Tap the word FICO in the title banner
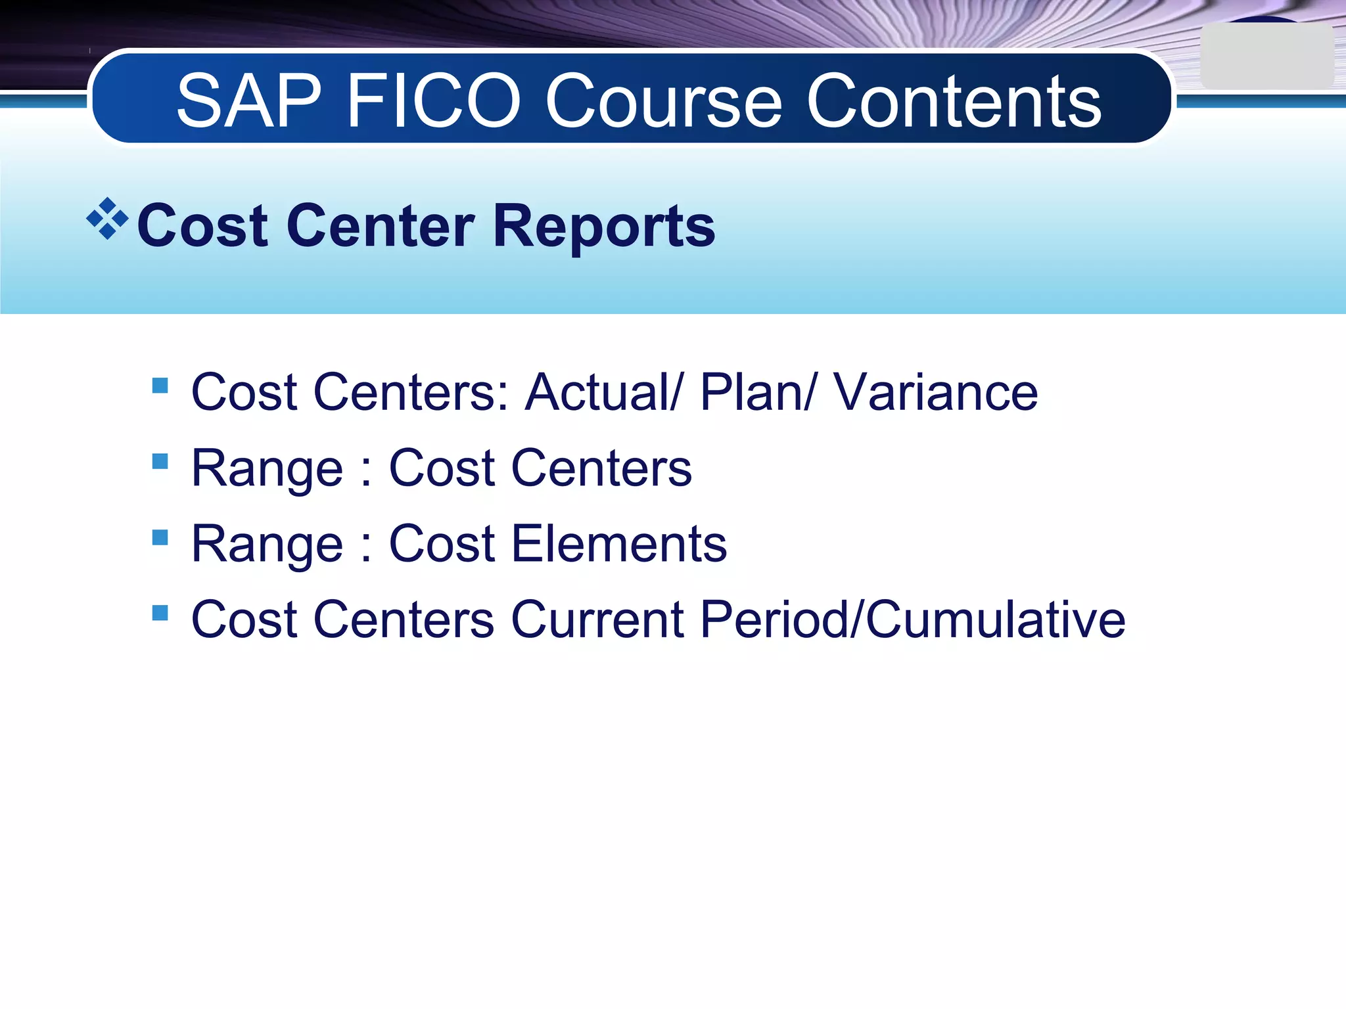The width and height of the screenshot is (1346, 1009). click(434, 102)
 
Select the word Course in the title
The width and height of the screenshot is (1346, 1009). click(664, 102)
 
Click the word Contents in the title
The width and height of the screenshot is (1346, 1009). click(953, 102)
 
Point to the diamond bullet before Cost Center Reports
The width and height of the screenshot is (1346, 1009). click(107, 219)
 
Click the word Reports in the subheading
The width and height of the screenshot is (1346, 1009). click(603, 227)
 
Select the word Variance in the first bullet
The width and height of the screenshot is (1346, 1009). click(936, 393)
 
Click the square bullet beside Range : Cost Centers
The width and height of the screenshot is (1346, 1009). click(160, 461)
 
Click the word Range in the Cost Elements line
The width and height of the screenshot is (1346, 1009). click(267, 545)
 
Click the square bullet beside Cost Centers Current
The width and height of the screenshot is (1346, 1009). click(160, 613)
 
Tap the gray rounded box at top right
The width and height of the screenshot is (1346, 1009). click(1266, 56)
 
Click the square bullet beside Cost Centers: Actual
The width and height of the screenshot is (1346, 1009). click(160, 385)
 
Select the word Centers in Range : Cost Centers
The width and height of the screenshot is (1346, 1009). click(601, 469)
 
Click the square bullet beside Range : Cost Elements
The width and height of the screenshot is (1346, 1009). click(160, 537)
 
